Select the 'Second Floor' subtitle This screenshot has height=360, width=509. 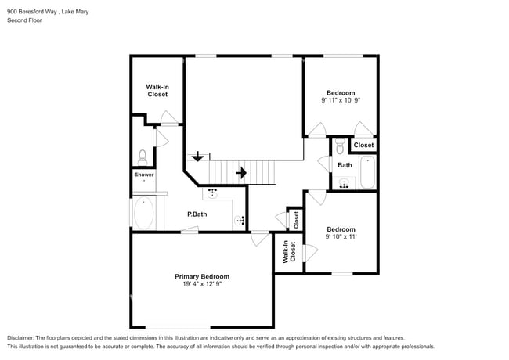25,20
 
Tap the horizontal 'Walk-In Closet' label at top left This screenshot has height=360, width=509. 157,91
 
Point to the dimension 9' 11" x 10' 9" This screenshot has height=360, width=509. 341,100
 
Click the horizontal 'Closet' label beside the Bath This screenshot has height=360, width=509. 363,146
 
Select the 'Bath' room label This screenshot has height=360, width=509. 345,165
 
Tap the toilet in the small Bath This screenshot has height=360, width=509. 341,148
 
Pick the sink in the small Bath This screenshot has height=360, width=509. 343,184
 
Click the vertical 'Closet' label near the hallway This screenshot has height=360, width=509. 296,220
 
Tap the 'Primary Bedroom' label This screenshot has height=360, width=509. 202,277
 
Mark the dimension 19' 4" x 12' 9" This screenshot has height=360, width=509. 202,285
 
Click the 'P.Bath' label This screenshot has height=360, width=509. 197,214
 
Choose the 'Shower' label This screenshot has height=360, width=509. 144,175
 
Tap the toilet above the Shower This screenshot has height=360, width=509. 143,156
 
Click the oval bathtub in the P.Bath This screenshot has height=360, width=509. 145,213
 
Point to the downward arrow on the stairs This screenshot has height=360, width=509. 197,157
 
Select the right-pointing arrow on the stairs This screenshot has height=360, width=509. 242,172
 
